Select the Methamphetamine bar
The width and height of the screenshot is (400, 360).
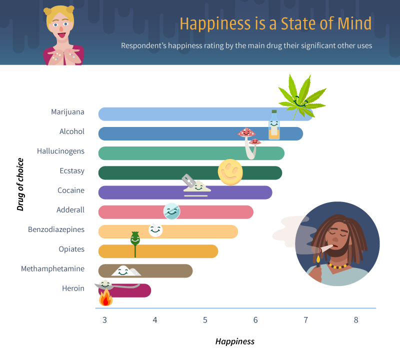click(x=145, y=271)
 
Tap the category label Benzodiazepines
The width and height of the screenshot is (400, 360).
click(x=56, y=229)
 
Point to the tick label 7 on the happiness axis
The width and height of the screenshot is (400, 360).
click(x=305, y=320)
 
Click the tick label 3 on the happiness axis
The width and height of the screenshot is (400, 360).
click(x=104, y=320)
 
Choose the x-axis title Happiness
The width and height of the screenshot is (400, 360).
click(x=235, y=341)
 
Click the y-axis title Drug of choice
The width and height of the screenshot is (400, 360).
click(x=20, y=184)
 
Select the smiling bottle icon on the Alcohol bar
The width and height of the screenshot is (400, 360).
click(x=274, y=125)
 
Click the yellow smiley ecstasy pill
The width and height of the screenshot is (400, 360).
click(x=230, y=172)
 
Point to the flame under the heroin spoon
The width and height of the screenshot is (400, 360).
click(x=106, y=297)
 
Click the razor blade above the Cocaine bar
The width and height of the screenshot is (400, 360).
click(x=189, y=180)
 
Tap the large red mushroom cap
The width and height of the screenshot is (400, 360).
click(x=246, y=132)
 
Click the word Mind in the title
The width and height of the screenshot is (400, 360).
click(x=354, y=23)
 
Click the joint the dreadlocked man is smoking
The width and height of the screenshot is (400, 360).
click(x=326, y=248)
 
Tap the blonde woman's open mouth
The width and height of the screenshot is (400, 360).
click(x=61, y=35)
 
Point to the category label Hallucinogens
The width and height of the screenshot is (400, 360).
click(x=60, y=151)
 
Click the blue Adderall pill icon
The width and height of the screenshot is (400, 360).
click(x=171, y=211)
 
